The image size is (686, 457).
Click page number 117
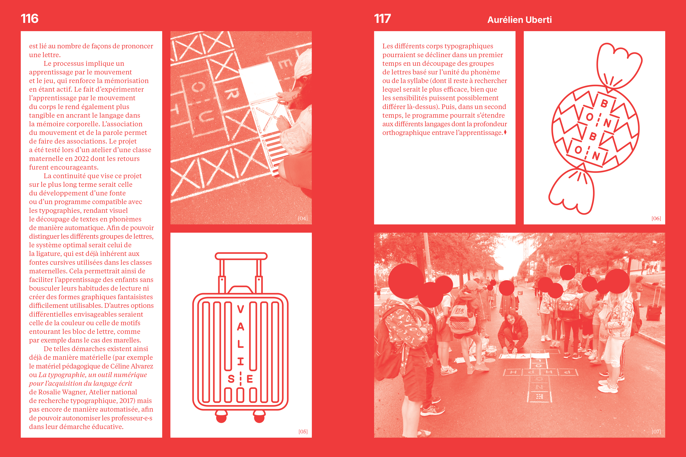click(382, 19)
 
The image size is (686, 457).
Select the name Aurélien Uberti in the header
click(520, 20)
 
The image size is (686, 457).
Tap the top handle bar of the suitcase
click(241, 256)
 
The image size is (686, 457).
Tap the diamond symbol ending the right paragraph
click(505, 132)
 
